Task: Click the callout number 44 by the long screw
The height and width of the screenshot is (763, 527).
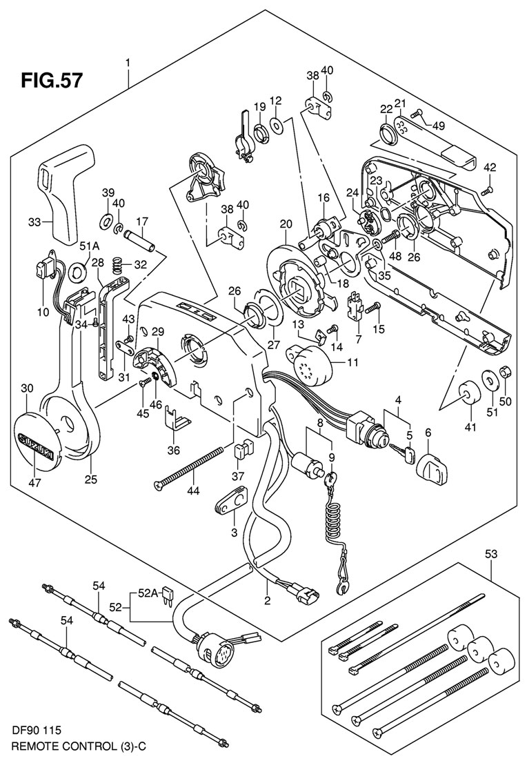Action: click(x=196, y=490)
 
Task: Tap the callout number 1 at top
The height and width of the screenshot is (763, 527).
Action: click(x=128, y=64)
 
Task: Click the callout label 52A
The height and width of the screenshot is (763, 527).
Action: click(x=149, y=591)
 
